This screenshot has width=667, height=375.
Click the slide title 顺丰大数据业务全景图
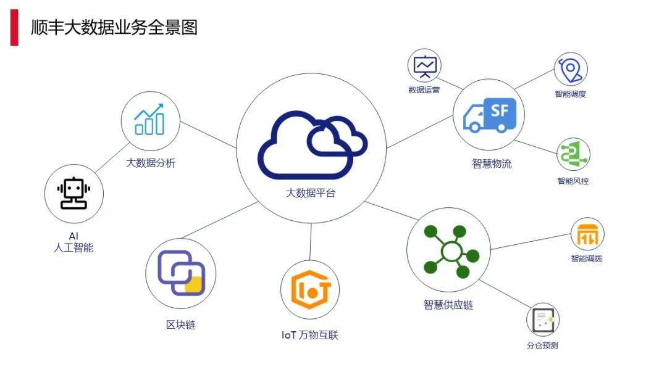click(x=114, y=27)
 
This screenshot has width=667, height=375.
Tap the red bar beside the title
click(x=14, y=27)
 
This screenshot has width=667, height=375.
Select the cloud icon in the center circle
click(x=312, y=145)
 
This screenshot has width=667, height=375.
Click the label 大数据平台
click(x=311, y=193)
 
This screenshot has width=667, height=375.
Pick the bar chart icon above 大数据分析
click(x=150, y=120)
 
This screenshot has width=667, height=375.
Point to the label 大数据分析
click(x=151, y=163)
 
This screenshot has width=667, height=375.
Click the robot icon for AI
click(x=74, y=194)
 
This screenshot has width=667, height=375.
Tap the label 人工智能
click(x=74, y=248)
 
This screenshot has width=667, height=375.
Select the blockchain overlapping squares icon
click(x=181, y=273)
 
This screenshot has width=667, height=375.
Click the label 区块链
click(x=181, y=324)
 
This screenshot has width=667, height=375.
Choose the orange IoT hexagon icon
click(x=311, y=290)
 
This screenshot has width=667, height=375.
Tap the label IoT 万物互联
click(x=310, y=335)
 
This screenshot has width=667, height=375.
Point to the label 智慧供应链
click(x=448, y=305)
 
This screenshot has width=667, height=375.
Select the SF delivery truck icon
click(x=489, y=115)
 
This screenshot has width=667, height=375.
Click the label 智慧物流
click(x=492, y=164)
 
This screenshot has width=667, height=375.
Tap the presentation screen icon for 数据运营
click(x=425, y=66)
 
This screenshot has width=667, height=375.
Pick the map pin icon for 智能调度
click(x=570, y=69)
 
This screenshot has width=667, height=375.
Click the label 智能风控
click(x=573, y=181)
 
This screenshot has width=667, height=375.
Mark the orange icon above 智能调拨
click(x=587, y=234)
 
